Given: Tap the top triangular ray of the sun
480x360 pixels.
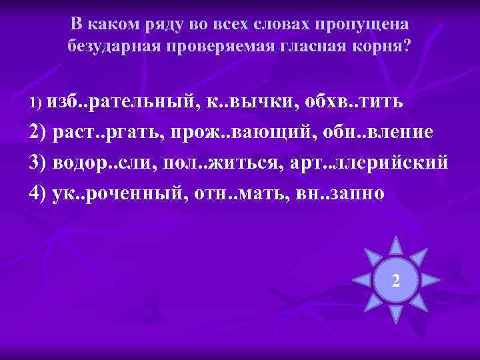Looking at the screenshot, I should [396, 245].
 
